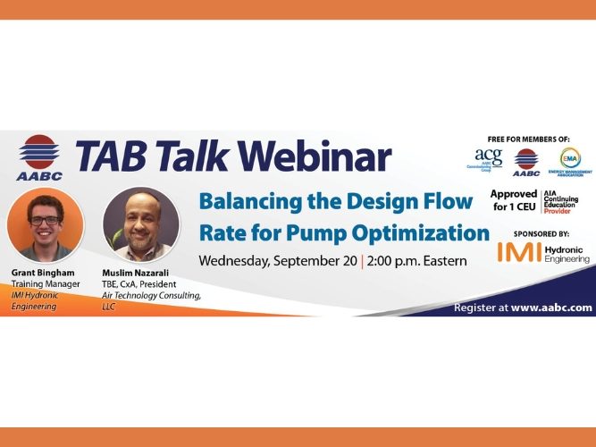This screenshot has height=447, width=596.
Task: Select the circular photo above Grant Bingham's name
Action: pyautogui.click(x=46, y=223)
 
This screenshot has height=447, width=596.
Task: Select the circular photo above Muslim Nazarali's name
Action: pyautogui.click(x=141, y=223)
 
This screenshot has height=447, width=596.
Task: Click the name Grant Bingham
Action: pyautogui.click(x=42, y=272)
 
